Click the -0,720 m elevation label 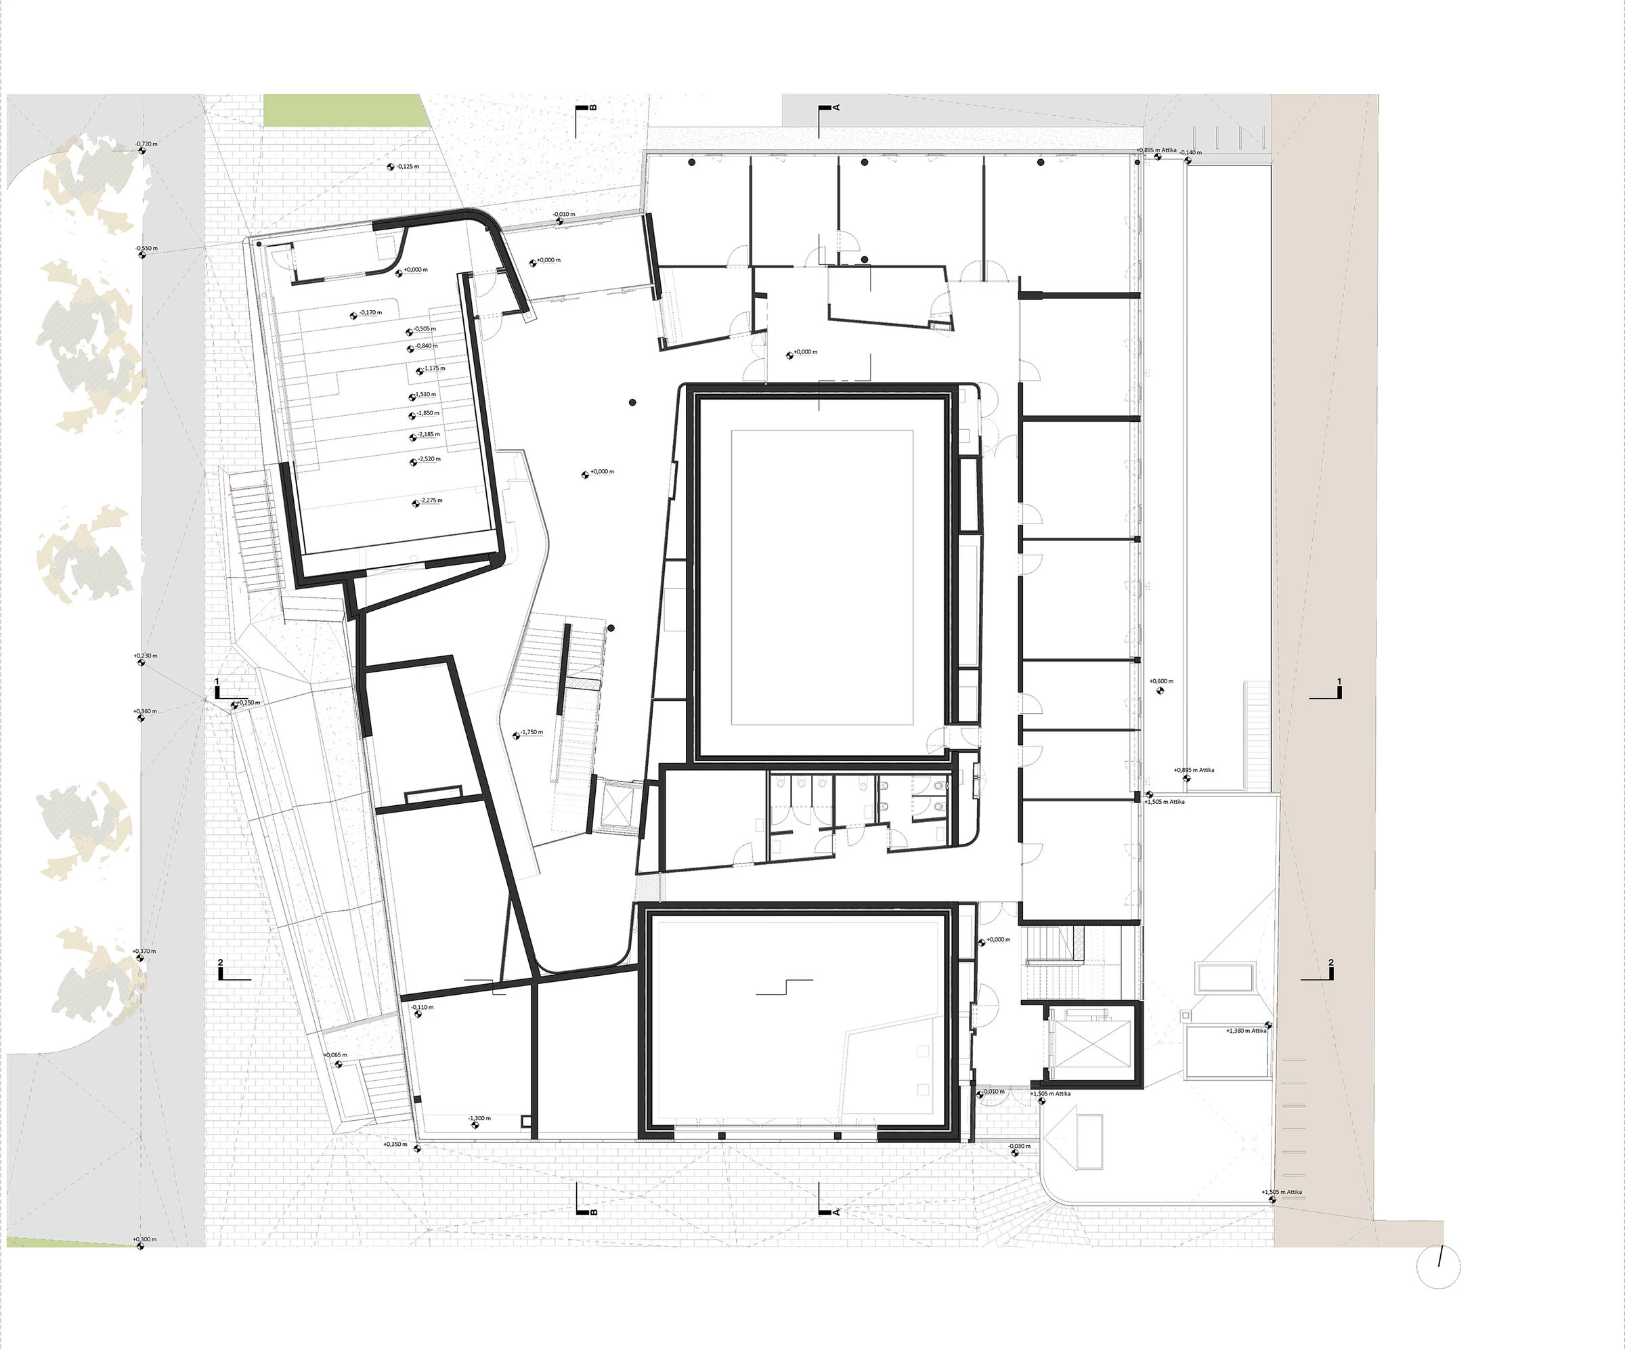[x=146, y=144]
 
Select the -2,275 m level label [x=430, y=500]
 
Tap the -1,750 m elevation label [x=532, y=732]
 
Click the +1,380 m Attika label [x=1247, y=1031]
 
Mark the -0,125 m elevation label [x=408, y=167]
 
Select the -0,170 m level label [x=370, y=313]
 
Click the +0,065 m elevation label [x=336, y=1055]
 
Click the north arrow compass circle [x=1437, y=1267]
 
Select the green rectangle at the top [x=345, y=110]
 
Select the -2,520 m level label [x=429, y=459]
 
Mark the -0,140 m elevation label [x=1191, y=152]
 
